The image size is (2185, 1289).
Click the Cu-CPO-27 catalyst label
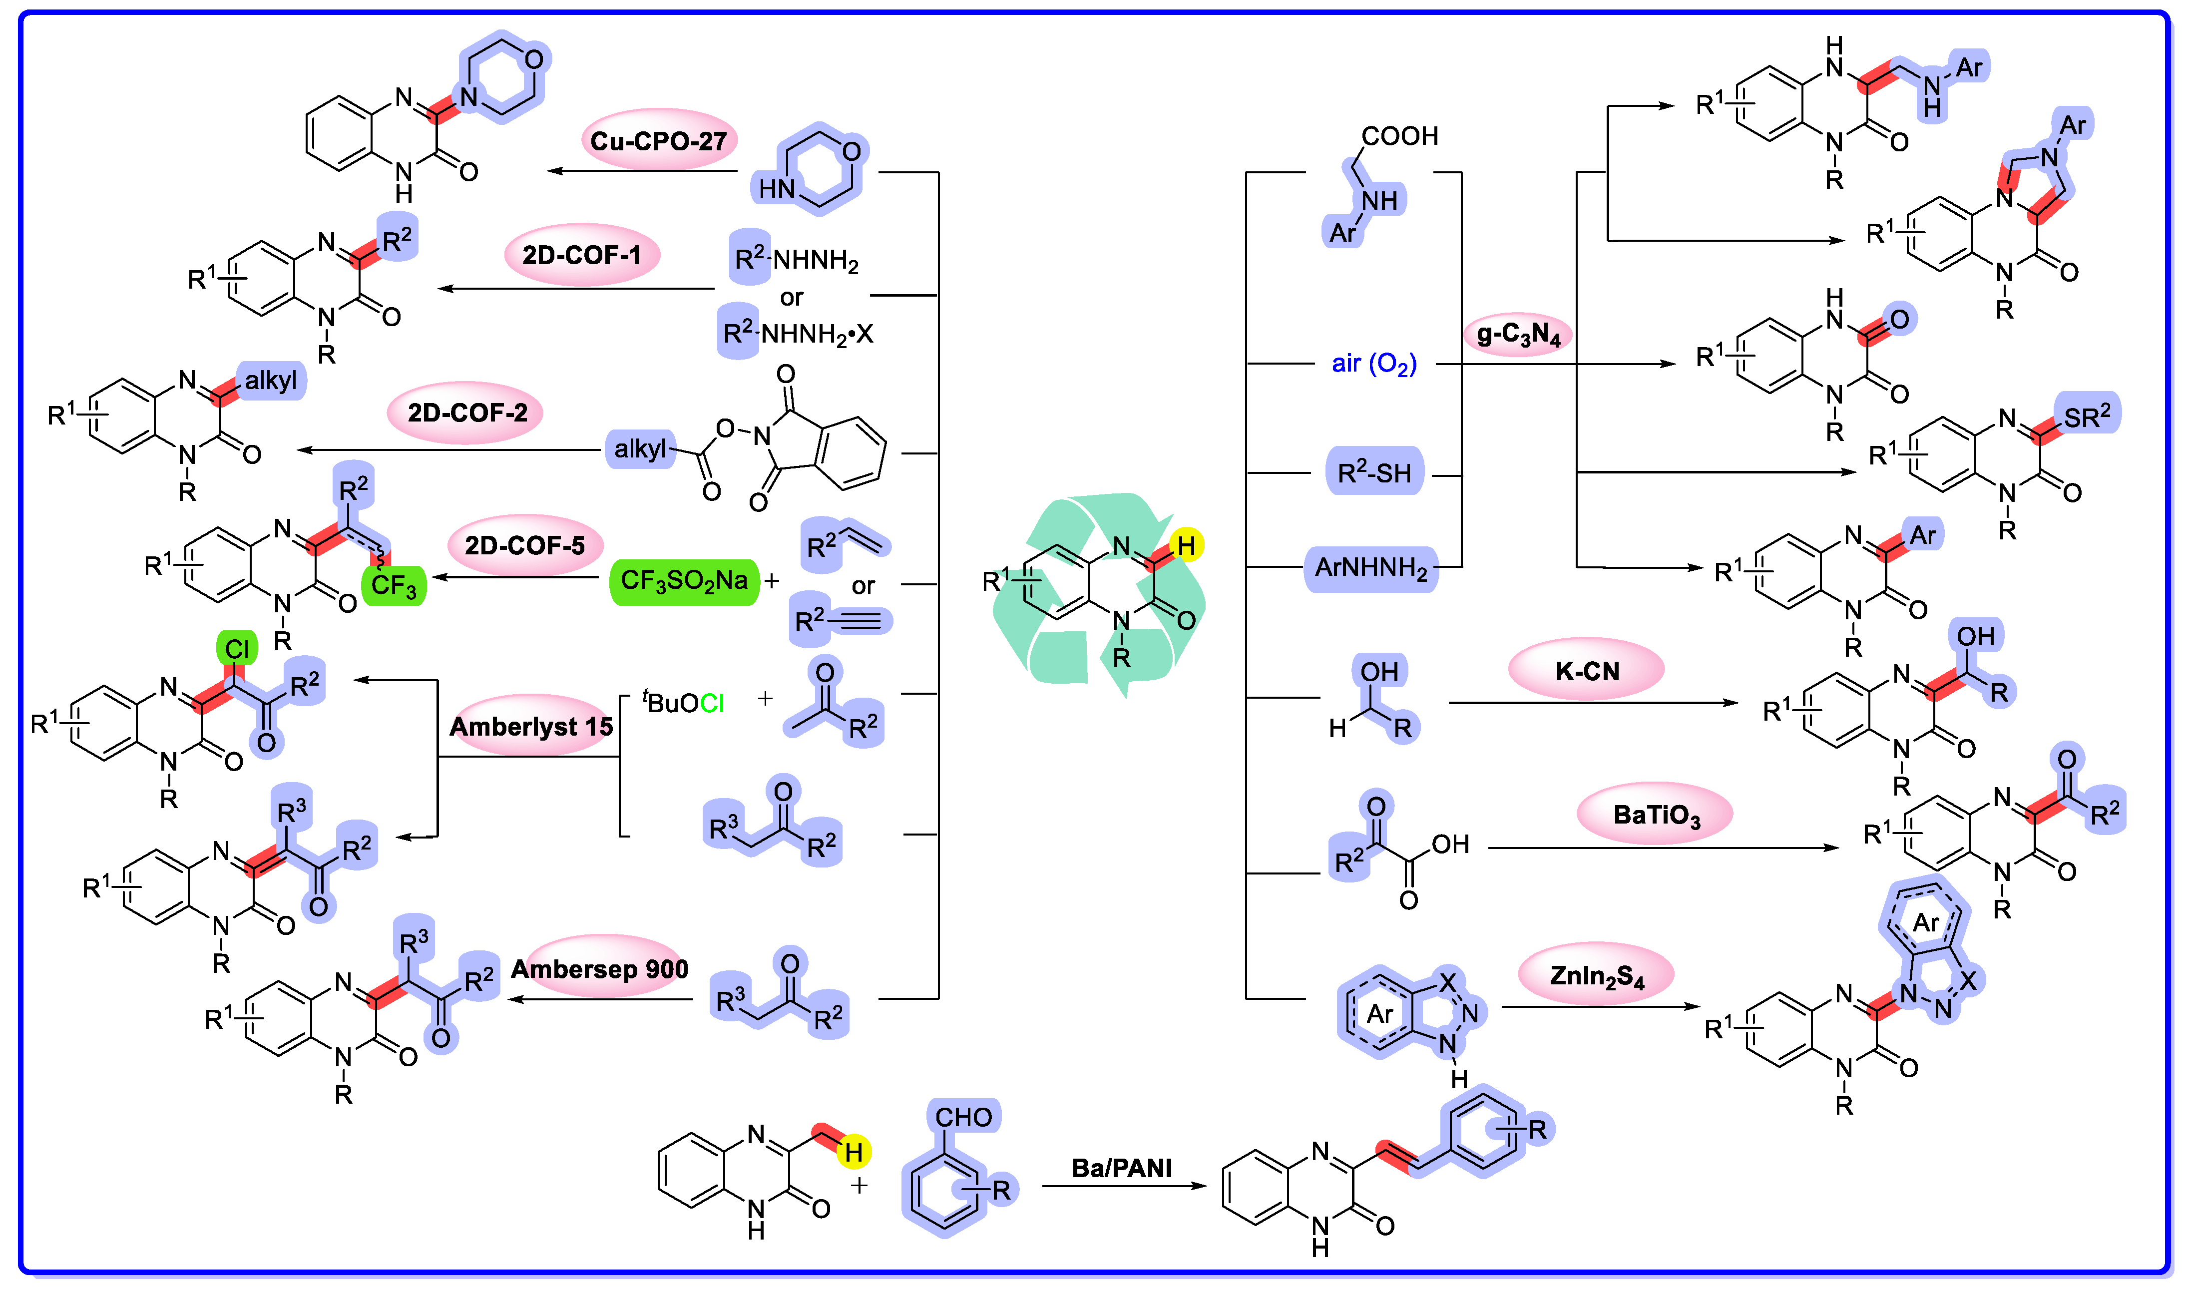click(x=658, y=141)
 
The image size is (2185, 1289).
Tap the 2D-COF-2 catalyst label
click(x=467, y=414)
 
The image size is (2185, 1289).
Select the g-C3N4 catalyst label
click(x=1518, y=335)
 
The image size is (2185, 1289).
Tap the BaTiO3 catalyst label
click(x=1655, y=815)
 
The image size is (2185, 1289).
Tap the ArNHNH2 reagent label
click(x=1370, y=569)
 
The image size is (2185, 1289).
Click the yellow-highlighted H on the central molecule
click(x=1186, y=545)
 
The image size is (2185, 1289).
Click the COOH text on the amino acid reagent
click(x=1400, y=136)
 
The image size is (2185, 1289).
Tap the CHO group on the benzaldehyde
click(x=963, y=1117)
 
